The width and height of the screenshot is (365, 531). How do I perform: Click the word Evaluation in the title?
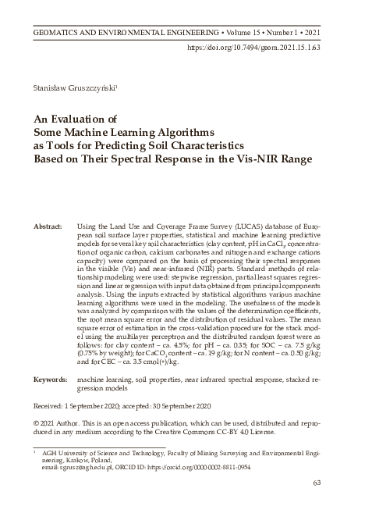(85, 119)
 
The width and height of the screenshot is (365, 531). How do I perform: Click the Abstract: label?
(48, 225)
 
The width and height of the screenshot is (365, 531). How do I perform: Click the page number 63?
(317, 504)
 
